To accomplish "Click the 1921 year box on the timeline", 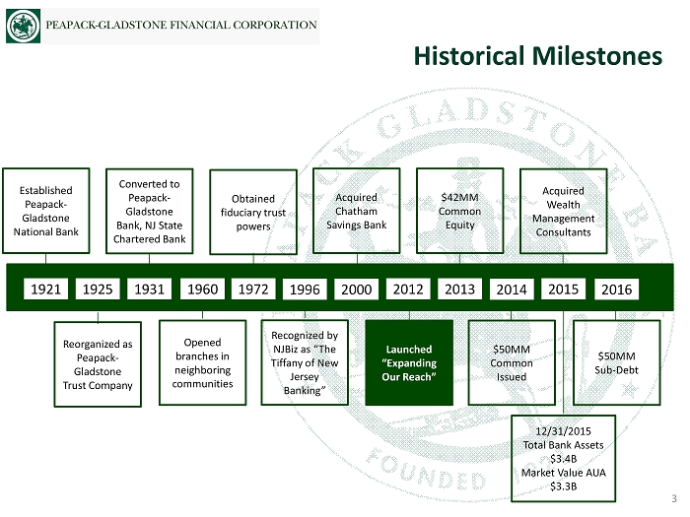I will (45, 290).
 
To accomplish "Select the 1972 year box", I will (254, 290).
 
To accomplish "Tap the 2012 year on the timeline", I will (408, 290).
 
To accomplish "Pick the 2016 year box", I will (616, 290).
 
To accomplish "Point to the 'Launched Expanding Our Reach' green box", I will (409, 362).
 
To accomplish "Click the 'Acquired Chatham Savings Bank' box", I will (356, 211).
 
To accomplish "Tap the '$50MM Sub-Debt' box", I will (618, 362).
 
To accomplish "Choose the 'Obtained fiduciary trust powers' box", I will (254, 213).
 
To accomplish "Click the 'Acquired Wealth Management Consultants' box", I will (563, 211).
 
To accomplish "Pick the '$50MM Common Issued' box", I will (512, 362).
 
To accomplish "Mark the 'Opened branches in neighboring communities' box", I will (202, 361).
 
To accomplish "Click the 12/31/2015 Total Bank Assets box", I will (563, 458).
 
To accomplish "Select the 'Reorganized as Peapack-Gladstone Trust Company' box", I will (98, 364).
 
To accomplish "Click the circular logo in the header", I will (23, 26).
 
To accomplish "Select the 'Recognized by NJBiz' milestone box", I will (305, 362).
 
